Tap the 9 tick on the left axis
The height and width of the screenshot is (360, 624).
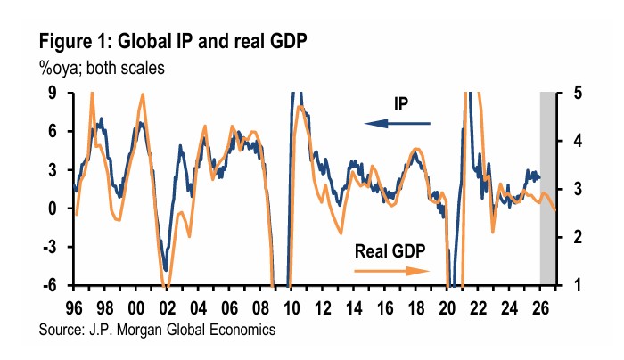53,93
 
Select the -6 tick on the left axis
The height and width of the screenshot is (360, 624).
50,286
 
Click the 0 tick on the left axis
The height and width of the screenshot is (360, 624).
53,209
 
